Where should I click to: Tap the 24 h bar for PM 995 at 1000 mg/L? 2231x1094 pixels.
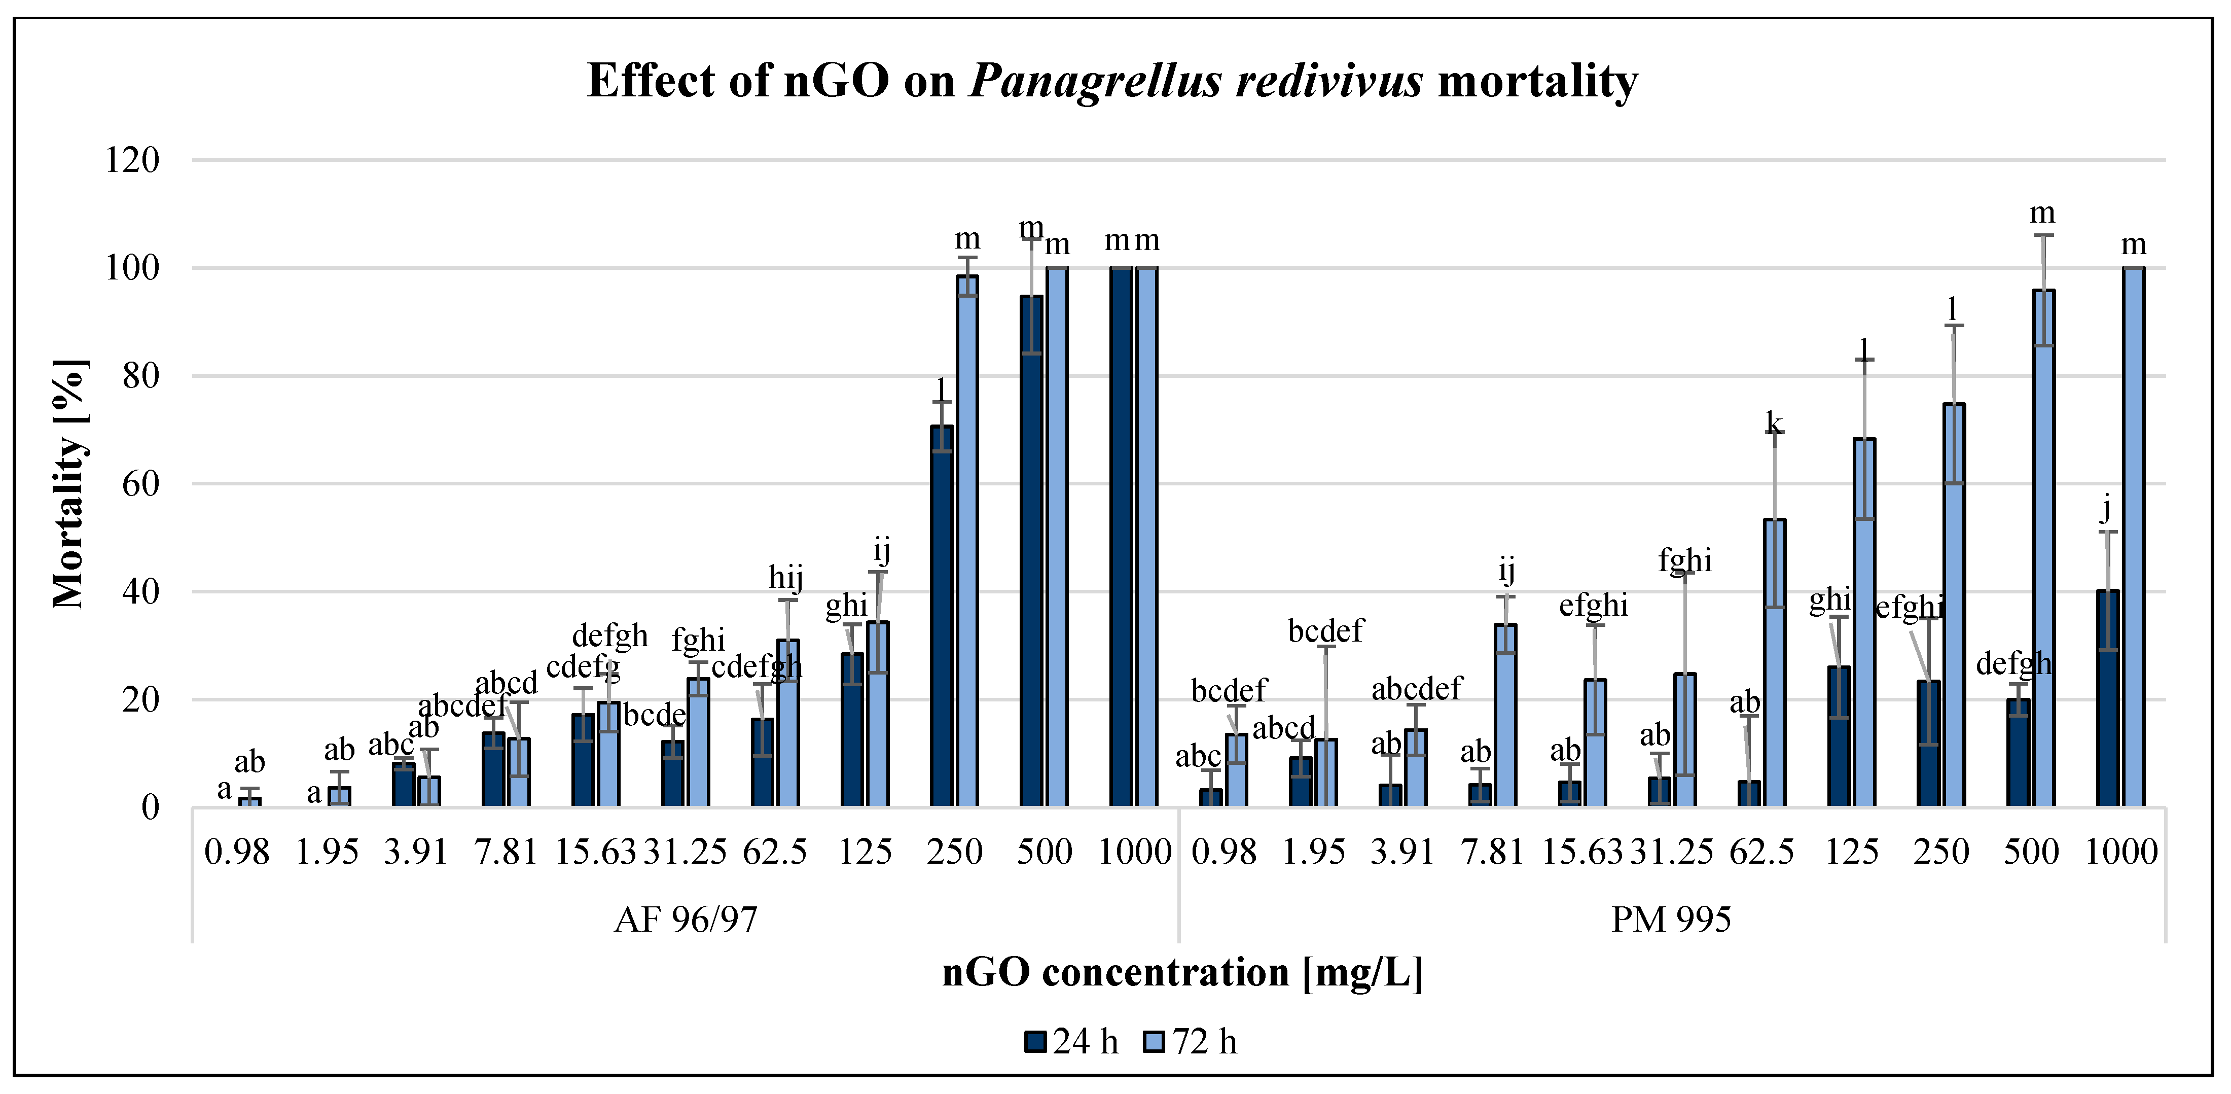pos(2107,698)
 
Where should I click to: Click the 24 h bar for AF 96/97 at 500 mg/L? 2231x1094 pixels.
pos(1031,551)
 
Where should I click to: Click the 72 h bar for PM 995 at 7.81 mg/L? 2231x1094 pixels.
pos(1505,716)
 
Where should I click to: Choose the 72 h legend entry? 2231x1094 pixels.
pos(1191,1041)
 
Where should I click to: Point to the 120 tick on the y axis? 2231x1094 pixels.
pos(132,160)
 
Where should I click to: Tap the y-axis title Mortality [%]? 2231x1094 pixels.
pos(69,483)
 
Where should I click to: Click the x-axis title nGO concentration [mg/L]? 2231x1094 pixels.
pos(1182,972)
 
